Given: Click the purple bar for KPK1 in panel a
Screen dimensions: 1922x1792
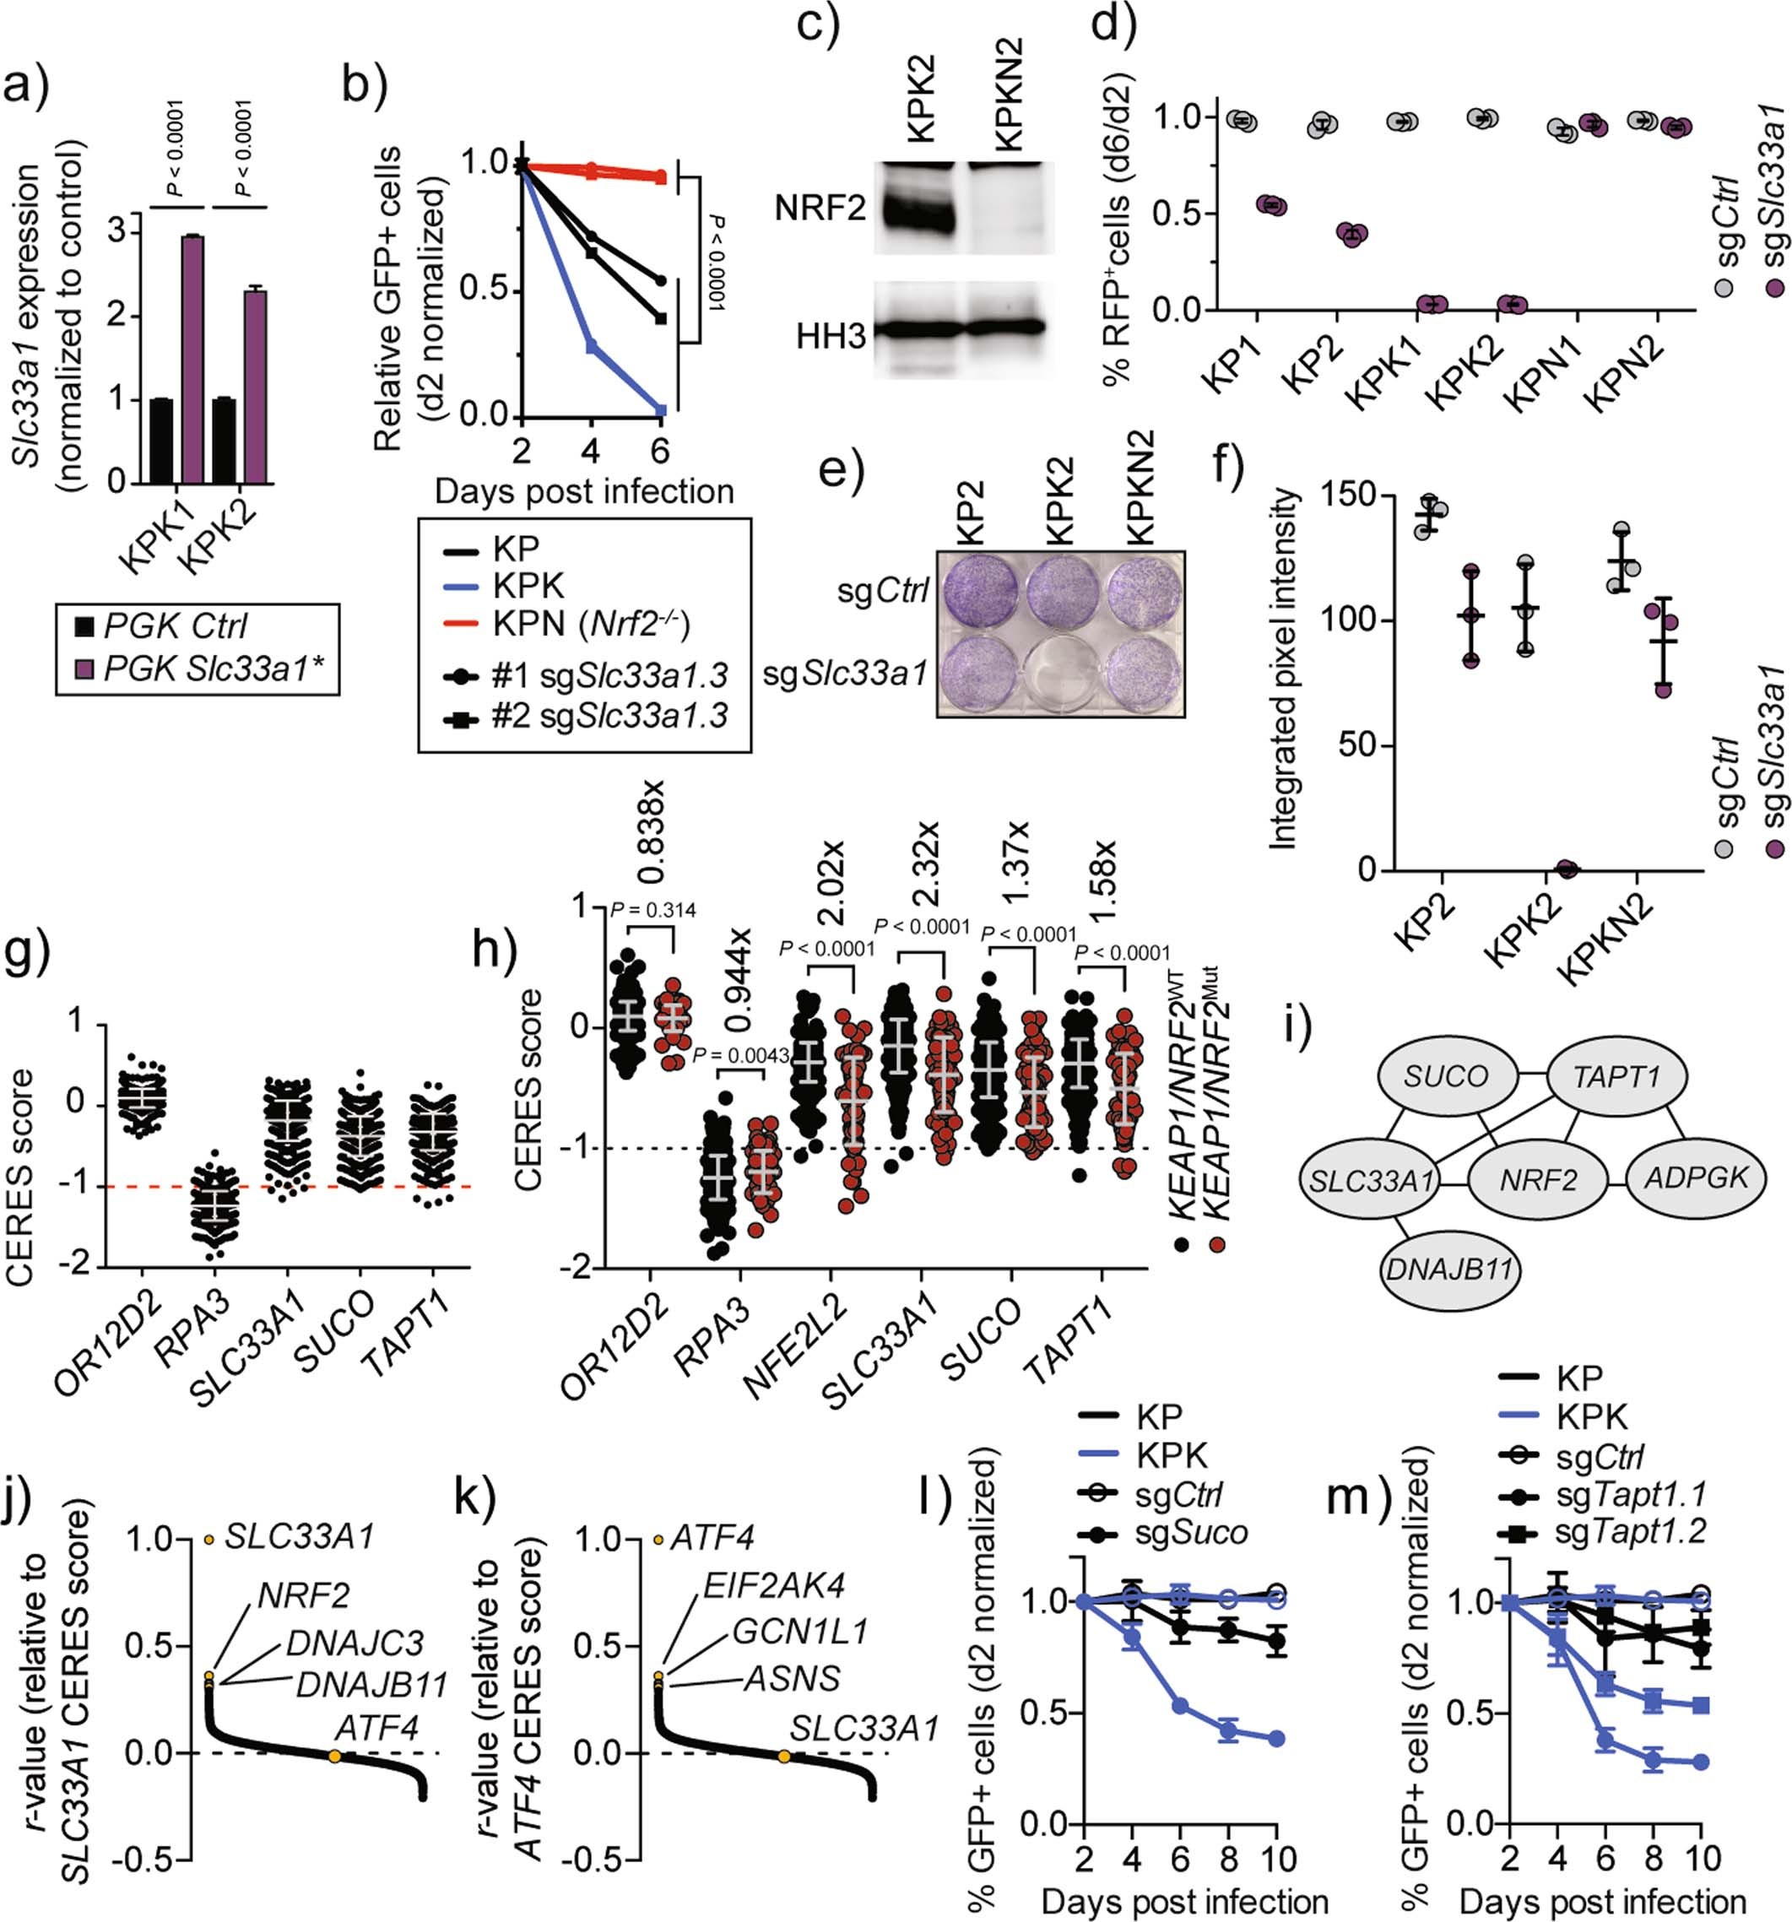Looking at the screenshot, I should pyautogui.click(x=192, y=359).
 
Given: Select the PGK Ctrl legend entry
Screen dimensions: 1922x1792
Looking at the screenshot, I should pyautogui.click(x=174, y=626).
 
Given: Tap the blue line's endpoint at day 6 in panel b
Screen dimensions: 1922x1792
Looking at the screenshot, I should pyautogui.click(x=661, y=410).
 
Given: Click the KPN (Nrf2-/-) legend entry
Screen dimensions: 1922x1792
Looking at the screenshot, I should pyautogui.click(x=590, y=624).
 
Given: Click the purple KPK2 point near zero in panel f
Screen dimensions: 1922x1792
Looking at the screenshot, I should pyautogui.click(x=1566, y=869).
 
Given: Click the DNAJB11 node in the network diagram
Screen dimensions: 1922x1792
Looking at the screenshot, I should pyautogui.click(x=1448, y=1269).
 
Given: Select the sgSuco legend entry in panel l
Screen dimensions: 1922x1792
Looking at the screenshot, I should pyautogui.click(x=1190, y=1532).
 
